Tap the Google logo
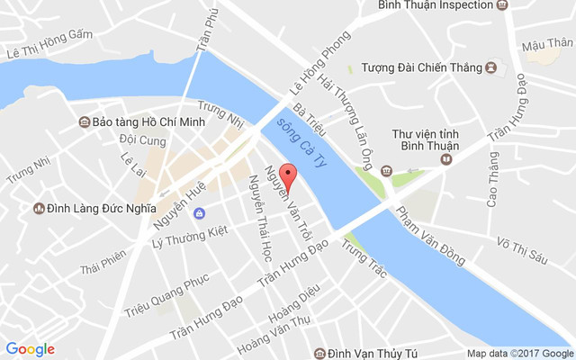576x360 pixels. [x=30, y=349]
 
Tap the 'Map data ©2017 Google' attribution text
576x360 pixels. [x=518, y=352]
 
